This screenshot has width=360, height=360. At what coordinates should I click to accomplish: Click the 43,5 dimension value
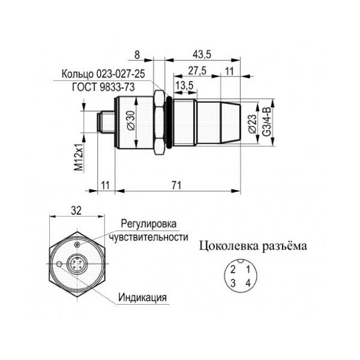(202, 55)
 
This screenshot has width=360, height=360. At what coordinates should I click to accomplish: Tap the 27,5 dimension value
(197, 70)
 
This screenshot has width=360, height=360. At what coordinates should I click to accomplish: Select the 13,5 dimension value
(185, 86)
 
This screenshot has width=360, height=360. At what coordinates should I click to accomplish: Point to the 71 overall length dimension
(176, 185)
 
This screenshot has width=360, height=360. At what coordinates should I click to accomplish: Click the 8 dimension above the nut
(137, 55)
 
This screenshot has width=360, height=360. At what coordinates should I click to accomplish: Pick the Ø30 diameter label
(131, 121)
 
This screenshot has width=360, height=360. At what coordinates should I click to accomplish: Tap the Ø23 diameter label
(252, 124)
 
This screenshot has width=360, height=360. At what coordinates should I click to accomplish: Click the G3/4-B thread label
(267, 122)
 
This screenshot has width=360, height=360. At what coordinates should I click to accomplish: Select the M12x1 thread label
(79, 157)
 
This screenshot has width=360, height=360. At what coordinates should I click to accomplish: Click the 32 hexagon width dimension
(76, 211)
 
